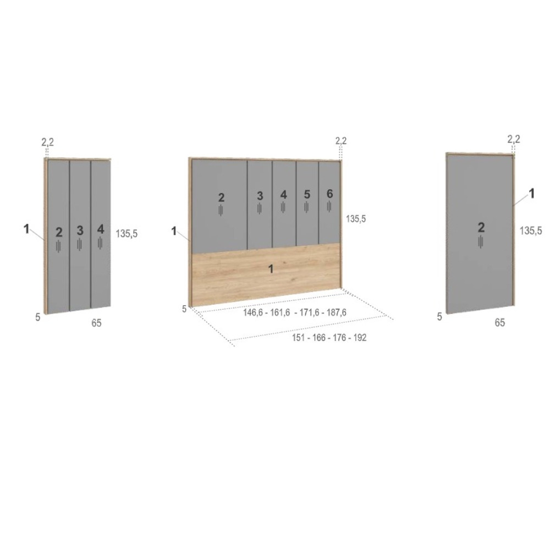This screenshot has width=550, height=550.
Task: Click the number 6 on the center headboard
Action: tap(329, 194)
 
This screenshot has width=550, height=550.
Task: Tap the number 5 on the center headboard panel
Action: tap(307, 194)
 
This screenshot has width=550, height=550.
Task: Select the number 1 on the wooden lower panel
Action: tap(271, 269)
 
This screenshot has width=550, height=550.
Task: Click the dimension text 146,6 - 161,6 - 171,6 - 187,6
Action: tap(295, 312)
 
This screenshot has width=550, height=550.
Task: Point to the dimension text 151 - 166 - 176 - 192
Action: tap(329, 338)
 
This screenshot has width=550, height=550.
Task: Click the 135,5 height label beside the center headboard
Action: tap(356, 218)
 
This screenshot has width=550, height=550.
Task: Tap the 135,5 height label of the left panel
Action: tap(127, 234)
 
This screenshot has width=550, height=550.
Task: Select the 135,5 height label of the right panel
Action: tap(531, 230)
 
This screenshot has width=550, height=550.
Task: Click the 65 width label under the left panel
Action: tap(96, 323)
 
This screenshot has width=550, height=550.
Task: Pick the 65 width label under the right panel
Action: tap(499, 322)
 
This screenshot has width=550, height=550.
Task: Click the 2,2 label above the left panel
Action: tap(48, 142)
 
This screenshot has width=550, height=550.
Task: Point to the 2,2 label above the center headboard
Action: tap(340, 141)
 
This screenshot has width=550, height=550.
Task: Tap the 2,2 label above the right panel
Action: tap(514, 139)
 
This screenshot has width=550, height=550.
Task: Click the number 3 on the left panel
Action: tap(80, 230)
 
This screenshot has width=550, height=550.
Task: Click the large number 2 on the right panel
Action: tap(481, 228)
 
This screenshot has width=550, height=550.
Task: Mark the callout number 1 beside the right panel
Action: tap(531, 193)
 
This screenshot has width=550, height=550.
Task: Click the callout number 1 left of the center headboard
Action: tap(174, 231)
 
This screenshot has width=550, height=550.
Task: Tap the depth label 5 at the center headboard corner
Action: tap(184, 309)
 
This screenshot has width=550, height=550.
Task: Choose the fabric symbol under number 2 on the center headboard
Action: tap(221, 210)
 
